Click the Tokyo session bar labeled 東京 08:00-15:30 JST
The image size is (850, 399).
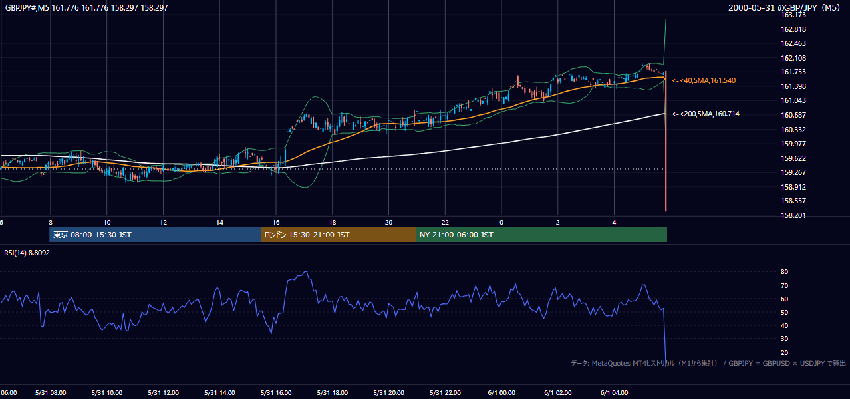(155, 235)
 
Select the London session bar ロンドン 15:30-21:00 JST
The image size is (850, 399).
(338, 235)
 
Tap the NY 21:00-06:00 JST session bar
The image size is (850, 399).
(541, 235)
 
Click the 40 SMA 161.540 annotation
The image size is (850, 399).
(704, 80)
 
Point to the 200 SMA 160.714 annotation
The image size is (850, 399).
(706, 114)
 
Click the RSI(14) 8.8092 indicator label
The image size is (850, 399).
(27, 253)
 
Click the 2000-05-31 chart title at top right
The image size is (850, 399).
(784, 7)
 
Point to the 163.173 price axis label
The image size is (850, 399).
(793, 15)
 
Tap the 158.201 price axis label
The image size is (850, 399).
(793, 215)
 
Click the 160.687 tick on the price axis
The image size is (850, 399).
(793, 115)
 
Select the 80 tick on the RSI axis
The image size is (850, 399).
(784, 271)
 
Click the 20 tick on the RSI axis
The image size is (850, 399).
(784, 352)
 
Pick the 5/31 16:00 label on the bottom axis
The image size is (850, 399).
(276, 392)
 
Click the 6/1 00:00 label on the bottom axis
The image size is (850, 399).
(501, 392)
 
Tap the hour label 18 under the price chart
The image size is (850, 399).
(333, 223)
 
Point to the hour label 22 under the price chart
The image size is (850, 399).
(445, 223)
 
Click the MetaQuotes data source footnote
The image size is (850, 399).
(708, 363)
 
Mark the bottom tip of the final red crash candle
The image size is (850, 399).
(666, 211)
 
